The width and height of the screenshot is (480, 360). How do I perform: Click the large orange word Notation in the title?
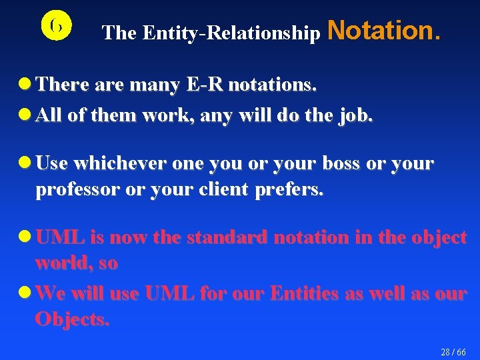coord(384,30)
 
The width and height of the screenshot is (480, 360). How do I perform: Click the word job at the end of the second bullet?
coord(357,115)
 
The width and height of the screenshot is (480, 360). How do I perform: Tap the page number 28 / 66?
coord(453,351)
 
